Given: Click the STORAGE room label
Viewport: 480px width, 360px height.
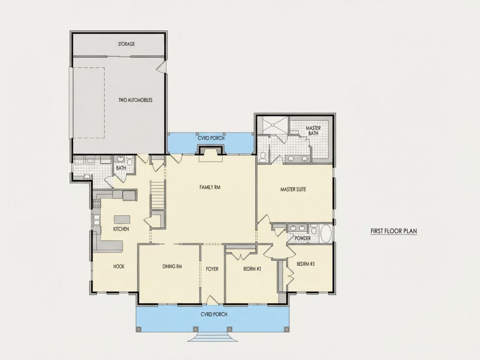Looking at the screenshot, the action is (127, 44).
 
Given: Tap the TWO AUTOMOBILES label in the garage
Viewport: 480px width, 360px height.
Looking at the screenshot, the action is (135, 100).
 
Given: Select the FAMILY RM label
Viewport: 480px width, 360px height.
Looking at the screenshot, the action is (210, 187).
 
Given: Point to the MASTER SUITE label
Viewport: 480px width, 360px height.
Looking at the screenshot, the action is (293, 189).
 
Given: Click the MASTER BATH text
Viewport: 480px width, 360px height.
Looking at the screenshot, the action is (313, 131).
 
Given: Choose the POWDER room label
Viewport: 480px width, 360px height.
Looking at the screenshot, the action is (302, 238).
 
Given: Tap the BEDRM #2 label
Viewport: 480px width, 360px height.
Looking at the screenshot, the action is (252, 269).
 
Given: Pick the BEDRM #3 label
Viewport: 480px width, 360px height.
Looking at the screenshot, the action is (305, 264).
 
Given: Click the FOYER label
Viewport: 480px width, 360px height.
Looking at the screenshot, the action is (212, 269).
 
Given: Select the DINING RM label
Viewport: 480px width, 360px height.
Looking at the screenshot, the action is (172, 267).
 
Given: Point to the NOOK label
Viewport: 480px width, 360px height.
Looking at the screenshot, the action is (119, 267).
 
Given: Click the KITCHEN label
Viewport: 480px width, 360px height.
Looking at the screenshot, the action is (121, 229).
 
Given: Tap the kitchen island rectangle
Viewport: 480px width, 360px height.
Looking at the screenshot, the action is (122, 219).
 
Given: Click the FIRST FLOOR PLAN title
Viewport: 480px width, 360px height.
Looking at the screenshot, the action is (394, 231).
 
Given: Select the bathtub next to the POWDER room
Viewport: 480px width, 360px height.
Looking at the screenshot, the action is (326, 234).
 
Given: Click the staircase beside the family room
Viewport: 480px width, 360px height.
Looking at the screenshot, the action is (158, 195).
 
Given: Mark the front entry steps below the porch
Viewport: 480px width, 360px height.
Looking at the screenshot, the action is (213, 337).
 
